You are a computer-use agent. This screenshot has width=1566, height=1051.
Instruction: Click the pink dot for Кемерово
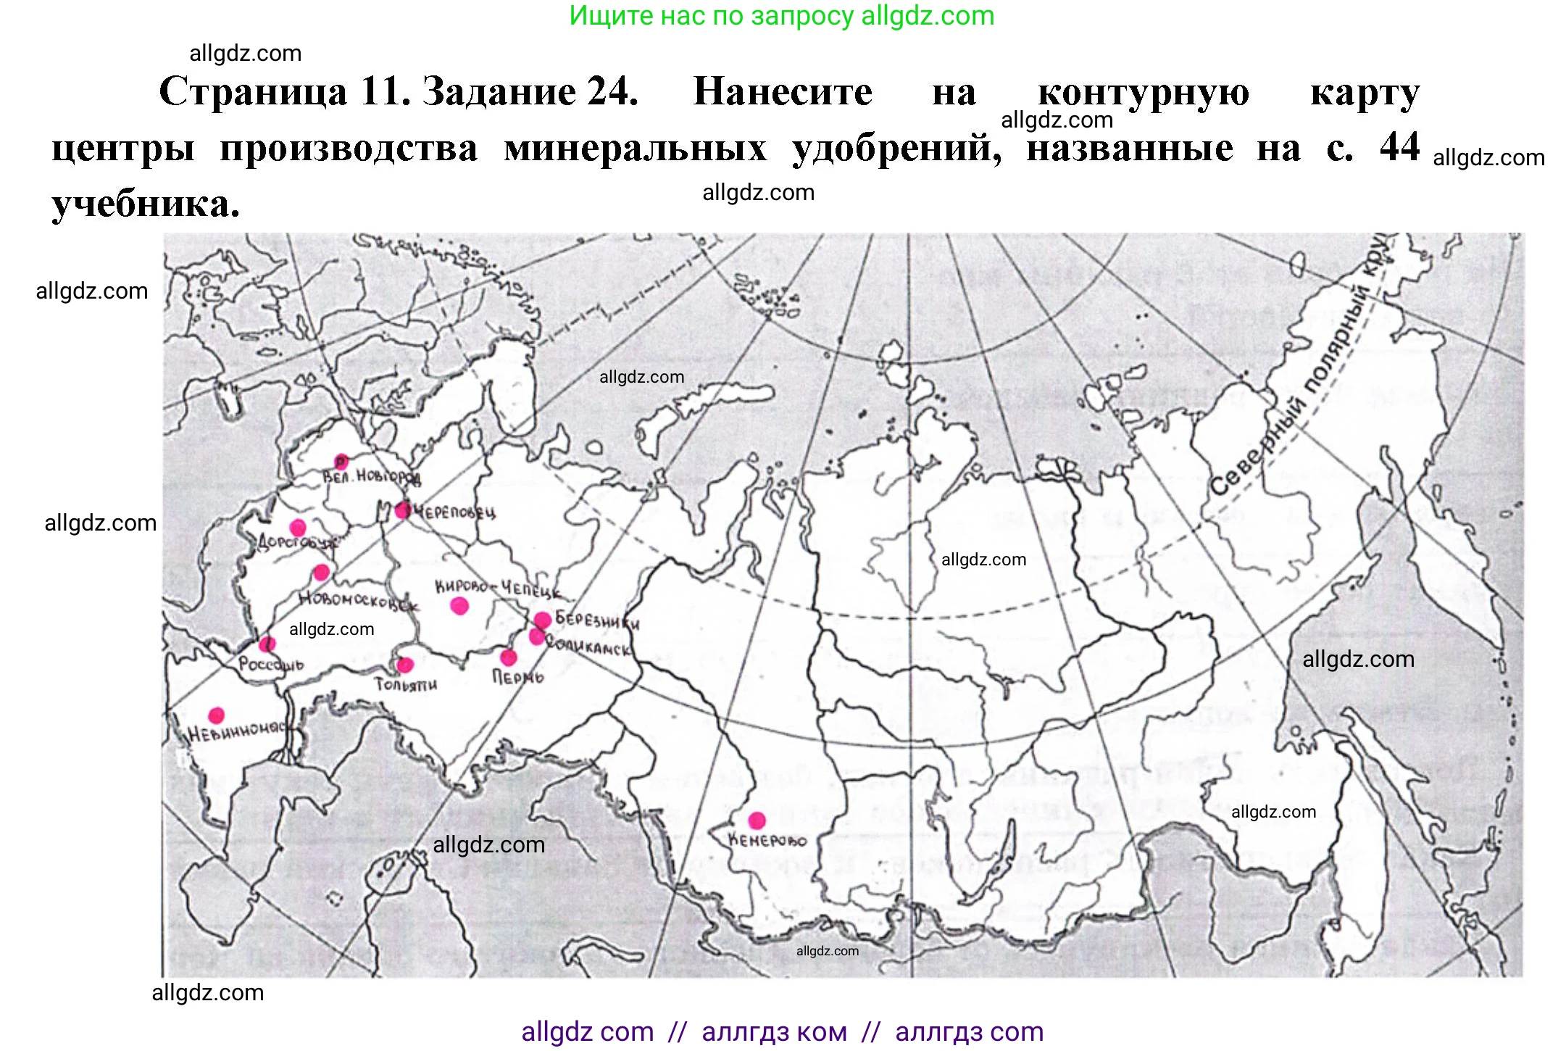tap(757, 821)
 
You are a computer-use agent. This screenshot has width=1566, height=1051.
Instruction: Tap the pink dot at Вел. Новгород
tap(341, 461)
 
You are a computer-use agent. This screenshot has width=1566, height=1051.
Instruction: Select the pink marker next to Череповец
tap(403, 510)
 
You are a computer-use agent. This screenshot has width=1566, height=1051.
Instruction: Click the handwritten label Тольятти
tap(406, 684)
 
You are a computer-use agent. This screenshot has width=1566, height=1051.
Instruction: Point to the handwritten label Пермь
tap(517, 677)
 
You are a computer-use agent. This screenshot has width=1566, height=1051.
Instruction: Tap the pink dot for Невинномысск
tap(216, 715)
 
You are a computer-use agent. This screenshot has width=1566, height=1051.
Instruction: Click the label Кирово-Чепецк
tap(497, 589)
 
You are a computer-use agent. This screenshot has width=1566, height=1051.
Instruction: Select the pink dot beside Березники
tap(543, 620)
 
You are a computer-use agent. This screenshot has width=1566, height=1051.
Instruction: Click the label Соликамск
tap(588, 646)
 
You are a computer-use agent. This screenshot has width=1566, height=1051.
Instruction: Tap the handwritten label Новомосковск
tap(359, 601)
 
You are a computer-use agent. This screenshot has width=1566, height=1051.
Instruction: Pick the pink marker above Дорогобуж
tap(298, 527)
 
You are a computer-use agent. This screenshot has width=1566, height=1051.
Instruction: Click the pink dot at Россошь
tap(267, 644)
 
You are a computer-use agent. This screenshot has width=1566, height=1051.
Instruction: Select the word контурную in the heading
tap(1143, 92)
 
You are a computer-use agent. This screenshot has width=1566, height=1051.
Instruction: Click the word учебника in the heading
tap(145, 204)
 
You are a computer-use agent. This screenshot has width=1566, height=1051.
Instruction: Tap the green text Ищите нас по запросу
tap(711, 15)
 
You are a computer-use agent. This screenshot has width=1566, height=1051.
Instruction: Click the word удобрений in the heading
tap(896, 149)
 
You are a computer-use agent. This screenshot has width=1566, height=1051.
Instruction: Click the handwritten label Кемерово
tap(767, 841)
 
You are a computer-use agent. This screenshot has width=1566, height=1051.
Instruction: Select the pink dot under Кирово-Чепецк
tap(459, 606)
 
